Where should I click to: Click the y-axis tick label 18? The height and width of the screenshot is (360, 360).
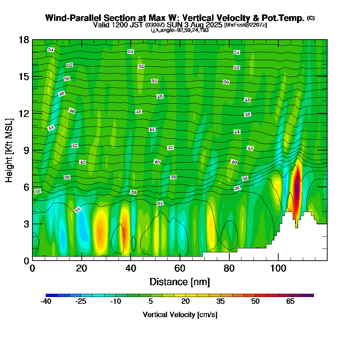[24, 40]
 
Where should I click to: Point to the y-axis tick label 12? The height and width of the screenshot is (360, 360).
[24, 113]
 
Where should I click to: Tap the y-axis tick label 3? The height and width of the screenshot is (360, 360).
[26, 224]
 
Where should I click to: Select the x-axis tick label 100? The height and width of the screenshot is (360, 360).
[278, 269]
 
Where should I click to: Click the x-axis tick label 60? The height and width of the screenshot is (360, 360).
[180, 269]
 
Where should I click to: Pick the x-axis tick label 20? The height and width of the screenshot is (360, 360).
[81, 269]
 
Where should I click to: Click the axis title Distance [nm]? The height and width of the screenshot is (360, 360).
[180, 282]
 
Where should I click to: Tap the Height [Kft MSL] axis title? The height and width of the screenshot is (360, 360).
[9, 150]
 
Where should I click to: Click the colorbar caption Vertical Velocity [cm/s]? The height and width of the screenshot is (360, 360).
[180, 315]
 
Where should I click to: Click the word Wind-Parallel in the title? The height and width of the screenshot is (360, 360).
[71, 18]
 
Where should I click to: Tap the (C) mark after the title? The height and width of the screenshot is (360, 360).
[311, 18]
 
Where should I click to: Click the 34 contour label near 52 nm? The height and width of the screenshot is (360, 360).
[160, 203]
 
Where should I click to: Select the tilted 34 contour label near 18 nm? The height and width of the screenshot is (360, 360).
[78, 210]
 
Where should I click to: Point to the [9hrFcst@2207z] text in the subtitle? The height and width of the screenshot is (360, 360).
[245, 25]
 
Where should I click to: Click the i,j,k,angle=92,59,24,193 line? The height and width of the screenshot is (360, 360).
[180, 30]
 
